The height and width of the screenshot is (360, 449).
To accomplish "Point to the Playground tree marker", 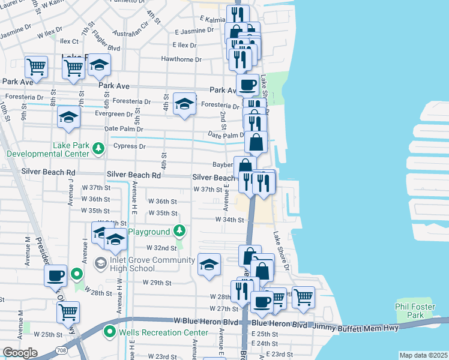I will (x=179, y=231).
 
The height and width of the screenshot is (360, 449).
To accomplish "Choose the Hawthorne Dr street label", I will (x=181, y=59).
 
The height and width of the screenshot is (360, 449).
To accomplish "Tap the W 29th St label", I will (x=157, y=283).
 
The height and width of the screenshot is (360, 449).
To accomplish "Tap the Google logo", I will (x=20, y=352).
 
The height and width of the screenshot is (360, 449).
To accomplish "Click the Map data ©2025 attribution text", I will (x=423, y=355).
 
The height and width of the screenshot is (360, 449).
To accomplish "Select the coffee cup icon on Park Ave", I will (x=247, y=84).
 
